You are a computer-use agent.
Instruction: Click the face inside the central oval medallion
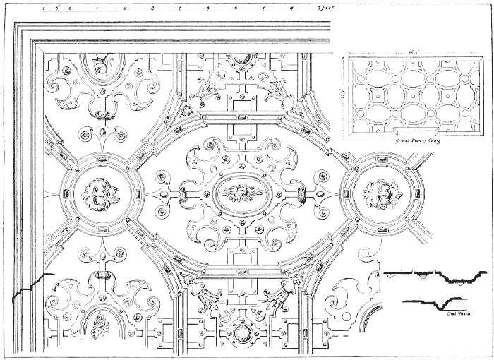241,191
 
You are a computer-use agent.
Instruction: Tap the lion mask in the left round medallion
102,193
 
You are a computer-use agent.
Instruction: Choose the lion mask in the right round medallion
382,192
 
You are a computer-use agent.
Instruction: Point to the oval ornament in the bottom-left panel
102,328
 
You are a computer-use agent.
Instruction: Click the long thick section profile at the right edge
438,277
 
